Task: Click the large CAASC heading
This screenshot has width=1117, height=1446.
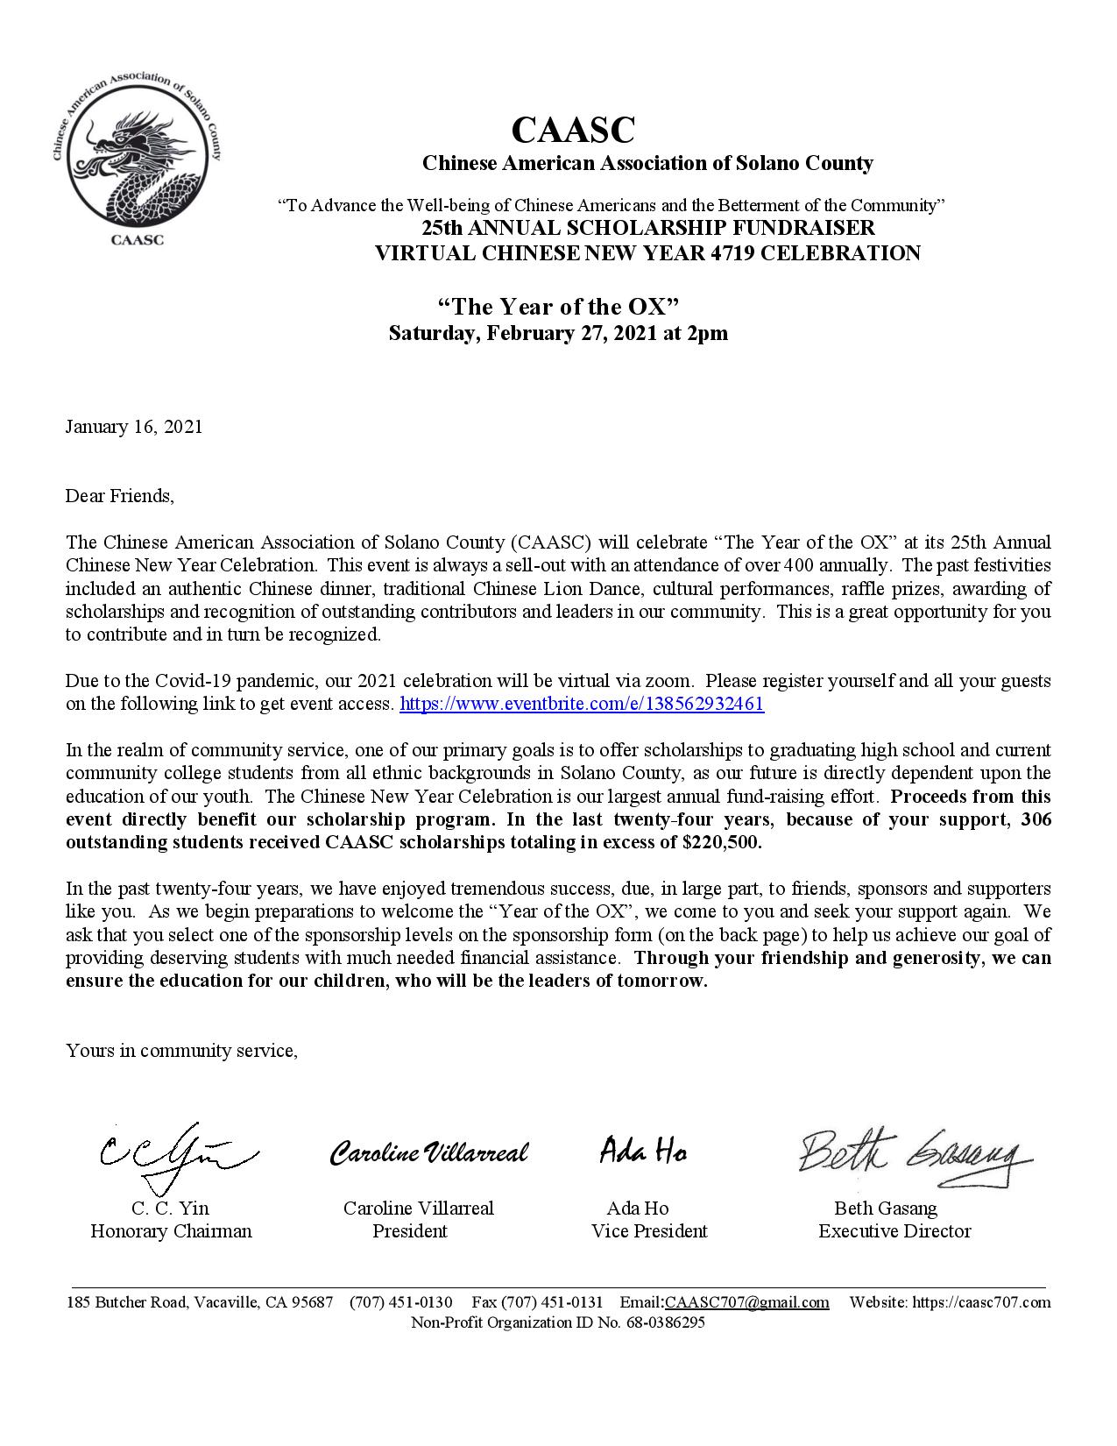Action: click(572, 131)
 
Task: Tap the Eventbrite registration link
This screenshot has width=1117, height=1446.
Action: click(582, 704)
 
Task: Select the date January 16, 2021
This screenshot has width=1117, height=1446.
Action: click(134, 427)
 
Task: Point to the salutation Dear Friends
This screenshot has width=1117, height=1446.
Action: click(120, 496)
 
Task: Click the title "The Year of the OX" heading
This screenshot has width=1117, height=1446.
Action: click(559, 307)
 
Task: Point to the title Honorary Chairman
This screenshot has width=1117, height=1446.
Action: click(171, 1231)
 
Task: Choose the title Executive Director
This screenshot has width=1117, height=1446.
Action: click(894, 1231)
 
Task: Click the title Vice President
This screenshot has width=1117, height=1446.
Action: click(649, 1231)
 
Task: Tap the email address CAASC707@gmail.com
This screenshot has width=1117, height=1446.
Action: click(747, 1302)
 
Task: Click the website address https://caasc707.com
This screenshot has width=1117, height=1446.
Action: click(980, 1302)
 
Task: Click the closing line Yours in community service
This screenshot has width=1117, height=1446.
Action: click(181, 1050)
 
